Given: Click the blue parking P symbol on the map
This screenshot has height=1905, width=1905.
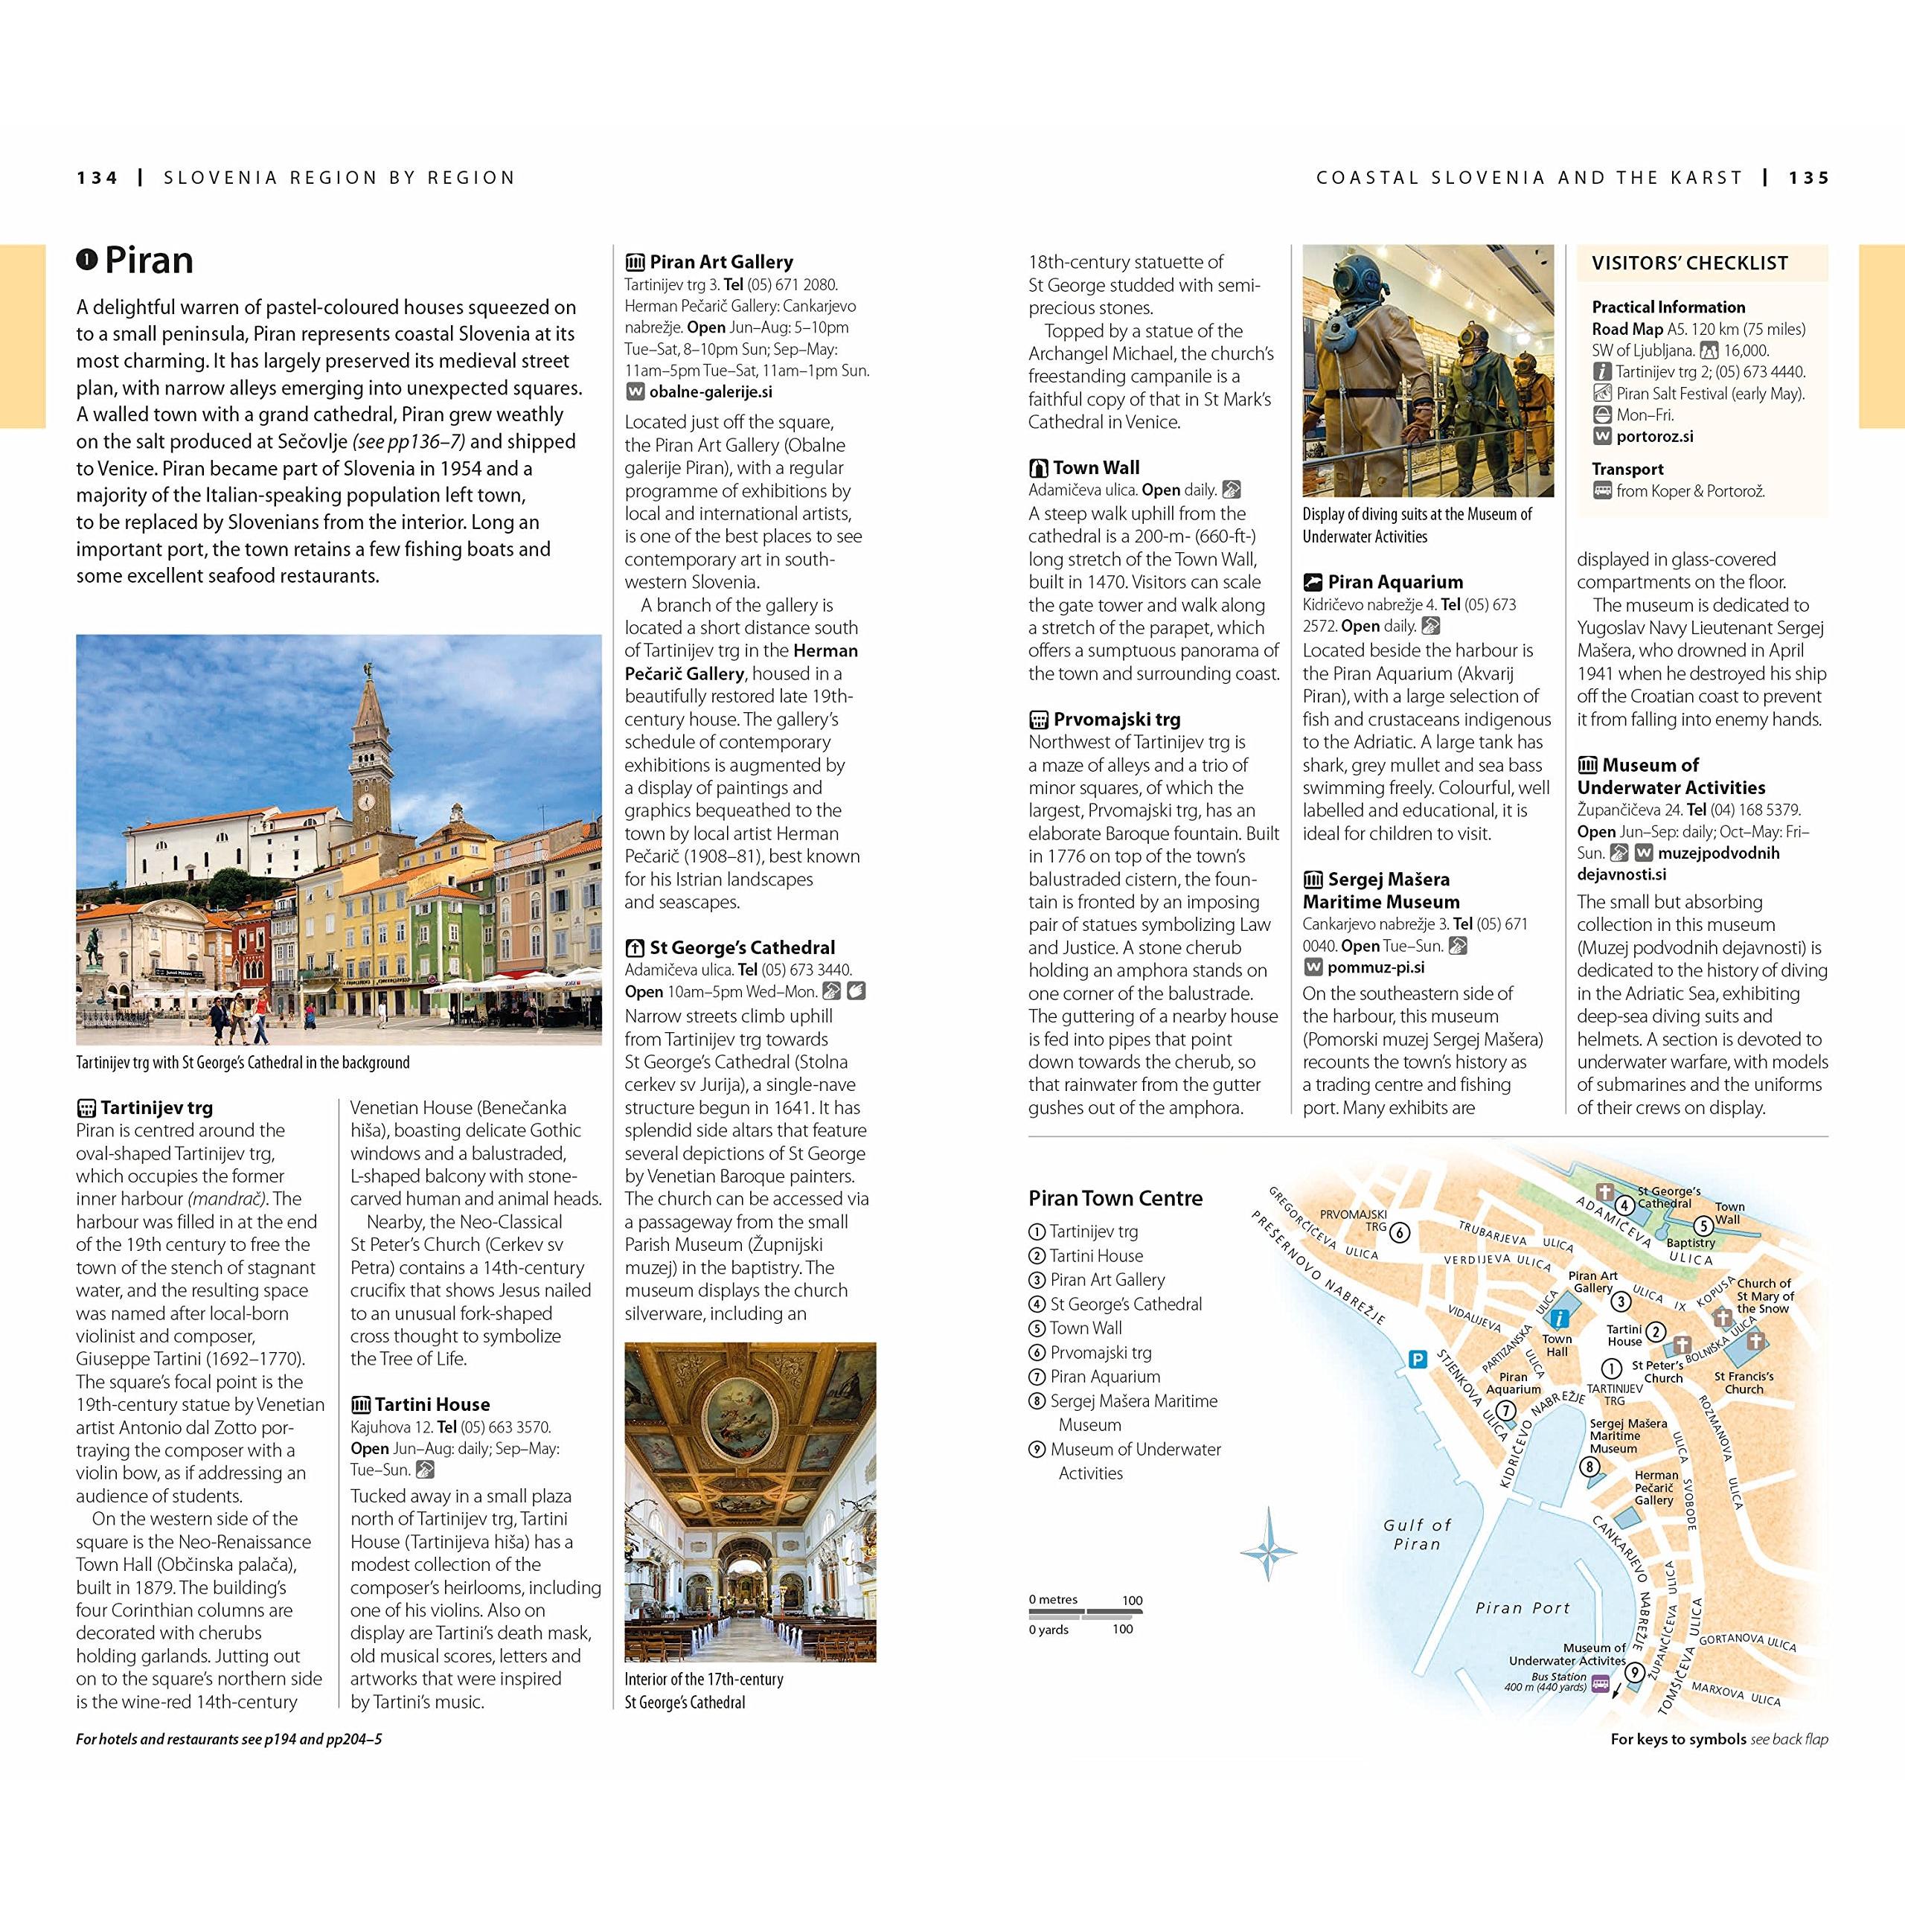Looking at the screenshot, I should [1417, 1360].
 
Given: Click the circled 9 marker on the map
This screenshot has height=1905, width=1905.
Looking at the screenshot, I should [1635, 1671].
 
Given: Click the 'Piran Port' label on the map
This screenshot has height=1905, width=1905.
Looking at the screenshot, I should [1523, 1608].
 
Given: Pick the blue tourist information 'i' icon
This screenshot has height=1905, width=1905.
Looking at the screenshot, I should [1559, 1319].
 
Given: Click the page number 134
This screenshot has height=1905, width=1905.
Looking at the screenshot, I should [97, 179].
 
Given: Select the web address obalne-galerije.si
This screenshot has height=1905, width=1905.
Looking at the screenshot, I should [710, 392].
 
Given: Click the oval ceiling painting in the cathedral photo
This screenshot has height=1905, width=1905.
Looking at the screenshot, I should [749, 1404].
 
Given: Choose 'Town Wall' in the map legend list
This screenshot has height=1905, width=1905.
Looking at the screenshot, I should [1086, 1328].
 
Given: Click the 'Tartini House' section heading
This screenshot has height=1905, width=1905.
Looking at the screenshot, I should [432, 1404].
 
